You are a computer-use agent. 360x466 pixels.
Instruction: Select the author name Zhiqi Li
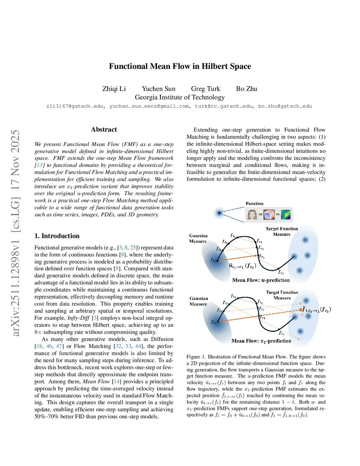[x=114, y=89]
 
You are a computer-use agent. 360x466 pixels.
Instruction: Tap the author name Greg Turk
[x=205, y=89]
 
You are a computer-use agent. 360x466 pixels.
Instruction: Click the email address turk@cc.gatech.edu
[x=223, y=106]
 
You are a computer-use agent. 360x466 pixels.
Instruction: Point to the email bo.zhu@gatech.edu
[x=285, y=106]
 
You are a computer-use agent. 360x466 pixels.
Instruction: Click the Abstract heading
[x=104, y=129]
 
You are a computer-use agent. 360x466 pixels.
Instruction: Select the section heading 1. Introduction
[x=57, y=236]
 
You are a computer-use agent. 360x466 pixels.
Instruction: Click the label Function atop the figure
[x=255, y=204]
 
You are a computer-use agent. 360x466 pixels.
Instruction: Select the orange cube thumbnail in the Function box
[x=269, y=214]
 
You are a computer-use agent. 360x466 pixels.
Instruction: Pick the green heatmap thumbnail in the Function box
[x=286, y=214]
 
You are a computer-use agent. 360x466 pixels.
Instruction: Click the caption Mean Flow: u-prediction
[x=261, y=280]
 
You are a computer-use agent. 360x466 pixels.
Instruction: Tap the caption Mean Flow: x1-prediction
[x=261, y=341]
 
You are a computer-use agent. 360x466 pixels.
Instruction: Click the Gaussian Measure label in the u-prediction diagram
[x=198, y=238]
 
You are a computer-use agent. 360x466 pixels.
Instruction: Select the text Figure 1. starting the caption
[x=196, y=357]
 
